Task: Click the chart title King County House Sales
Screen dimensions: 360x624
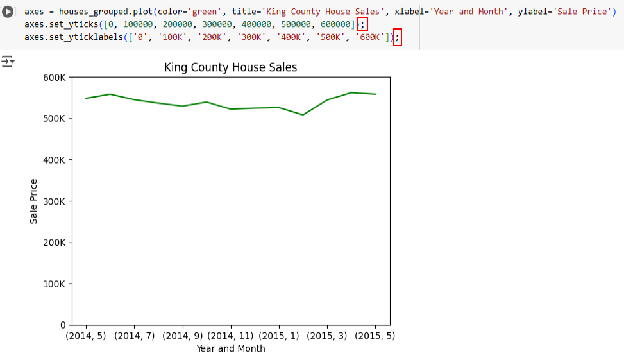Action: point(230,67)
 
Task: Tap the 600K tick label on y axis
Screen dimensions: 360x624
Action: point(54,78)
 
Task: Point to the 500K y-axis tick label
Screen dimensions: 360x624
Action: point(54,119)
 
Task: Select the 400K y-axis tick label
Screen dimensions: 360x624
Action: point(54,160)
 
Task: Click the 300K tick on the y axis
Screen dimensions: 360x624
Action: point(54,201)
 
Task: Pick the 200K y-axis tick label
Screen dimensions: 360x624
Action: point(54,243)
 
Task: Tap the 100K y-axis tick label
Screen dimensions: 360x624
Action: point(54,284)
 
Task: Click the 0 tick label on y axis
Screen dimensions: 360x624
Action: point(62,325)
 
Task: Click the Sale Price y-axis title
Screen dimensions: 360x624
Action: point(34,201)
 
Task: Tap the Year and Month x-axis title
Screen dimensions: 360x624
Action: point(230,349)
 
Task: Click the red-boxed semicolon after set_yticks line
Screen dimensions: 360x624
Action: point(362,24)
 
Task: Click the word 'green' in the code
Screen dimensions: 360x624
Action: point(205,12)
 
